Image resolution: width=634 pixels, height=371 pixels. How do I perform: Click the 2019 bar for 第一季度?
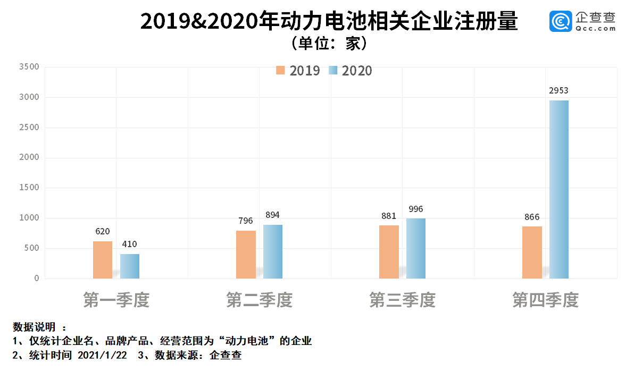(x=103, y=260)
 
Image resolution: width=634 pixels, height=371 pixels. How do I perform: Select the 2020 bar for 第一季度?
(x=130, y=266)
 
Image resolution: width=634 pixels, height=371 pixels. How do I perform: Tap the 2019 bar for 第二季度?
(x=246, y=255)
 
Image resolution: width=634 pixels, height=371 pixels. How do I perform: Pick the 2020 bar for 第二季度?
(x=273, y=251)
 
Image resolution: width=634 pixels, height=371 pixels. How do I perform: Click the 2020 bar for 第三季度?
(x=416, y=248)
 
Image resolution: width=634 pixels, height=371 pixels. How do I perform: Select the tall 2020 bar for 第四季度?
(x=559, y=189)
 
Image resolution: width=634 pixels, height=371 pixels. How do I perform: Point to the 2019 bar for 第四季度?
(x=532, y=252)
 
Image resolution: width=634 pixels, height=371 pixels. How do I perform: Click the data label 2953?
(x=558, y=90)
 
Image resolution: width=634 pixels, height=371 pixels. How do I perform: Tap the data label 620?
(x=102, y=231)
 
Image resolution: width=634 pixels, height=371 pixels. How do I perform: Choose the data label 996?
(x=415, y=209)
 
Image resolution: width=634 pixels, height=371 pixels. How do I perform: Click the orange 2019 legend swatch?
(x=281, y=71)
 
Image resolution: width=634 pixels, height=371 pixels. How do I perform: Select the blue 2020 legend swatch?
(x=333, y=71)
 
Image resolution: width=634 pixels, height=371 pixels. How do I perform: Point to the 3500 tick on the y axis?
(x=29, y=67)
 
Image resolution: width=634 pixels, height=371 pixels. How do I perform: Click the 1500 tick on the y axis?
(x=29, y=188)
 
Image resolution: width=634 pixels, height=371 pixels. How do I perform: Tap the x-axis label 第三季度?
(x=402, y=300)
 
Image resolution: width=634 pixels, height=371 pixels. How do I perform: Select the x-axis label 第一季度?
(x=116, y=300)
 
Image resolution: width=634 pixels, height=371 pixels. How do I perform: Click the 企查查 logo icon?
(x=560, y=21)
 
